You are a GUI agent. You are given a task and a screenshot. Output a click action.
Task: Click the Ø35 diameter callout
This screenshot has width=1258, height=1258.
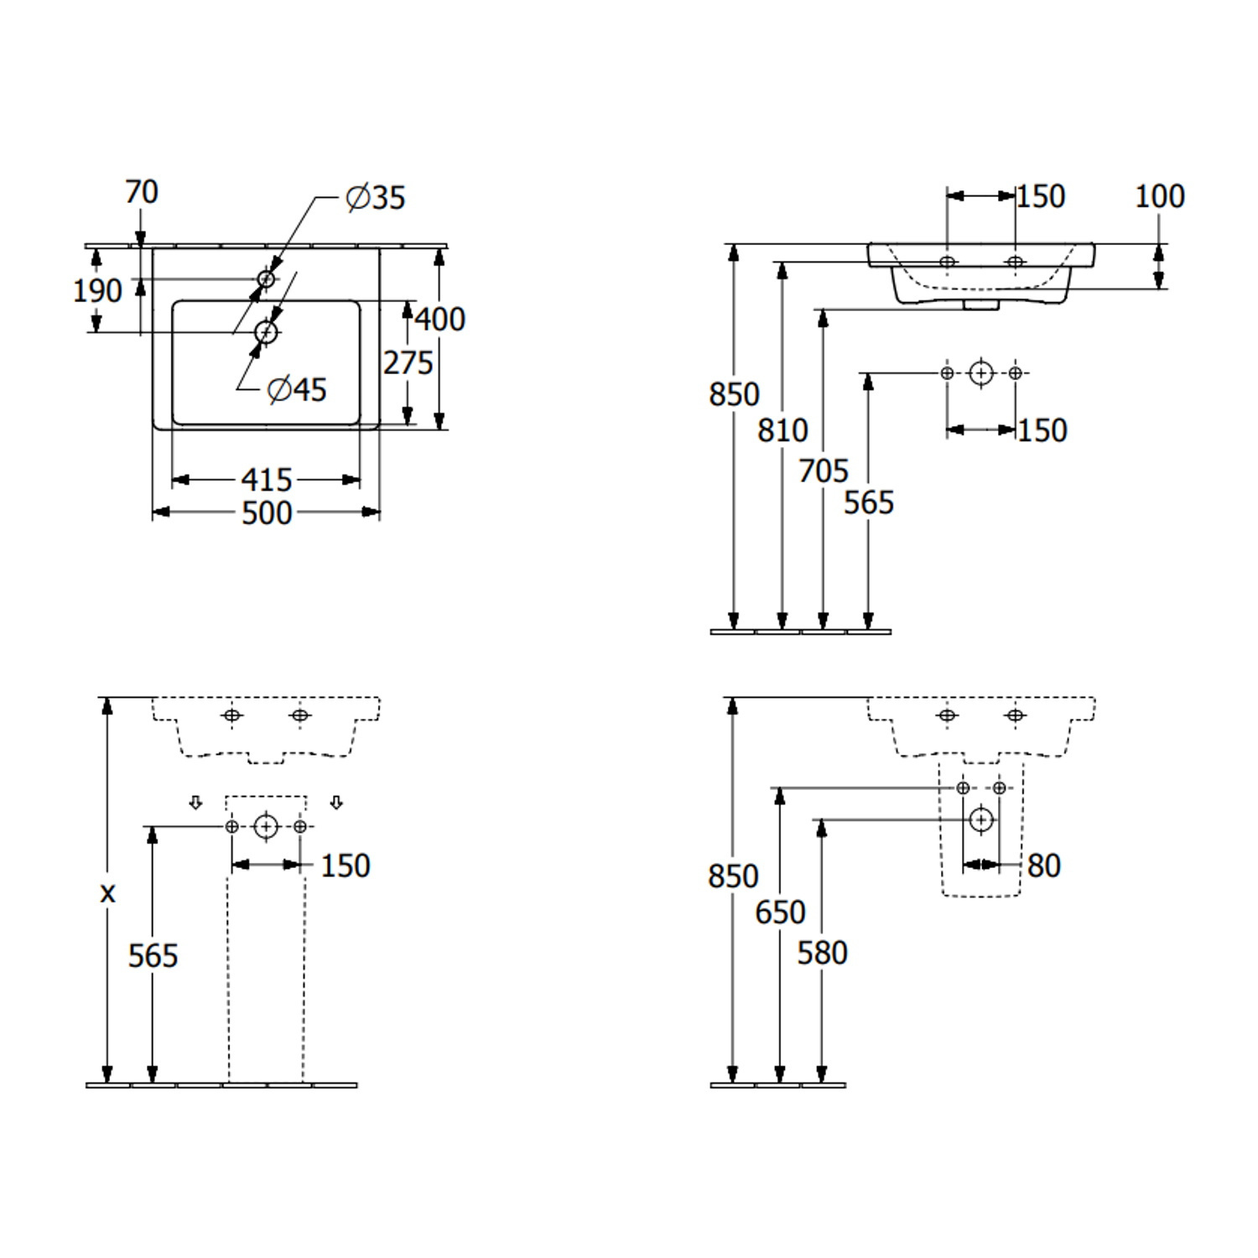(376, 198)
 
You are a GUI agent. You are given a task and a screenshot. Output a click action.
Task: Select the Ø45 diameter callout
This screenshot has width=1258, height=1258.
(297, 389)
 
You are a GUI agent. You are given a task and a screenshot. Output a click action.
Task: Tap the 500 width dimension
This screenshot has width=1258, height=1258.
(267, 512)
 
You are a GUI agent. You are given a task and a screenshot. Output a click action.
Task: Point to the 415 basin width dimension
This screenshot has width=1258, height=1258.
(267, 480)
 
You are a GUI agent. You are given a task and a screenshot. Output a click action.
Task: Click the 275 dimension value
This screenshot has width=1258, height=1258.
(408, 362)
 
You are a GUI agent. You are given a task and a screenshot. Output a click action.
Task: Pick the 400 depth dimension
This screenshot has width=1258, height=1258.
(439, 319)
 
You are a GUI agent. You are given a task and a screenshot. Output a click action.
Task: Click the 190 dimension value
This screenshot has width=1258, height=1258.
(97, 291)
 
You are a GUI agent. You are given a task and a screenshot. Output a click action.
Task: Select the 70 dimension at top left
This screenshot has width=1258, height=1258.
(141, 192)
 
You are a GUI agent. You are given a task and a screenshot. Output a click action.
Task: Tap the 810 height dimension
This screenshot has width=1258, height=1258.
(782, 430)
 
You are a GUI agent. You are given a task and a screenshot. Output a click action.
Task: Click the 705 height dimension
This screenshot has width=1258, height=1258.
(824, 470)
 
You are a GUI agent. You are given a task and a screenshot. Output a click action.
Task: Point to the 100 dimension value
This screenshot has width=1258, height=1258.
(1159, 196)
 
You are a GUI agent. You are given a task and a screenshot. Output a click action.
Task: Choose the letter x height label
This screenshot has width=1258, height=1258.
(107, 893)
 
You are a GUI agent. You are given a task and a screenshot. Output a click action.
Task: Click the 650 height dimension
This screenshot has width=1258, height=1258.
(780, 912)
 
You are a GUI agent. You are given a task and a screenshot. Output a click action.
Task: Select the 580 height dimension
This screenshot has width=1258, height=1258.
(822, 953)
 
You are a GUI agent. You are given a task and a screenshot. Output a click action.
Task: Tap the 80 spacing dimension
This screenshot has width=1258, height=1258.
(1043, 866)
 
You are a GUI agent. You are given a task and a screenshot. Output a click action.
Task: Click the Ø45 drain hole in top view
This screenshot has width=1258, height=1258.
(266, 333)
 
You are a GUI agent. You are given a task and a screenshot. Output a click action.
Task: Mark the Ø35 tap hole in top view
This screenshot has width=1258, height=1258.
(266, 278)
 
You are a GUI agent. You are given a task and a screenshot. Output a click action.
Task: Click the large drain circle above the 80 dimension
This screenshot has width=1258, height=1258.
(981, 819)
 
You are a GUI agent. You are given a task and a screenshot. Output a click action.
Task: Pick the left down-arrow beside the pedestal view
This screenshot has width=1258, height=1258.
(195, 803)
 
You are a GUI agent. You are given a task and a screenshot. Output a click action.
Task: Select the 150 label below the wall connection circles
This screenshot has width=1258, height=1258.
(1042, 430)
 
